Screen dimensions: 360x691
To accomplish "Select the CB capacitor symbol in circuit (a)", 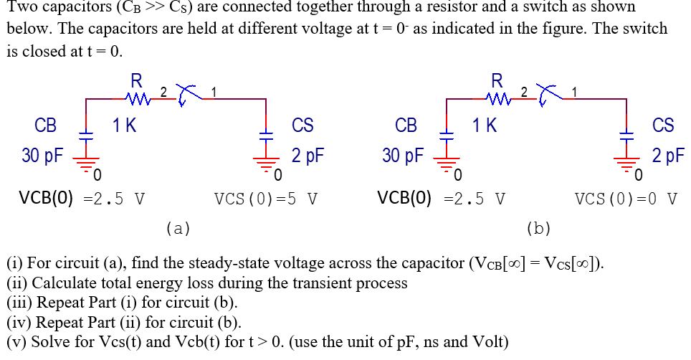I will (x=86, y=134).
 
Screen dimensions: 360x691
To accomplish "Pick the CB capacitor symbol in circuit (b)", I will (x=447, y=134).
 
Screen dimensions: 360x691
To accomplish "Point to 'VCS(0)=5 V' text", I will (x=265, y=198).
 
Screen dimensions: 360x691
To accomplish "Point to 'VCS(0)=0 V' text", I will (x=626, y=198).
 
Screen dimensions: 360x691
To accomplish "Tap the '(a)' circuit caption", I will (x=178, y=229).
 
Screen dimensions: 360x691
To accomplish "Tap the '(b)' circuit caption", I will (x=538, y=229).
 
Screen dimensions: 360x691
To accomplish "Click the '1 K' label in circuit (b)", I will (x=485, y=125).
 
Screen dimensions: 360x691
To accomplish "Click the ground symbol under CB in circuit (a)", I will (x=86, y=164).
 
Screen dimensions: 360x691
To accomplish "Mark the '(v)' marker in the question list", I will (x=17, y=341).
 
